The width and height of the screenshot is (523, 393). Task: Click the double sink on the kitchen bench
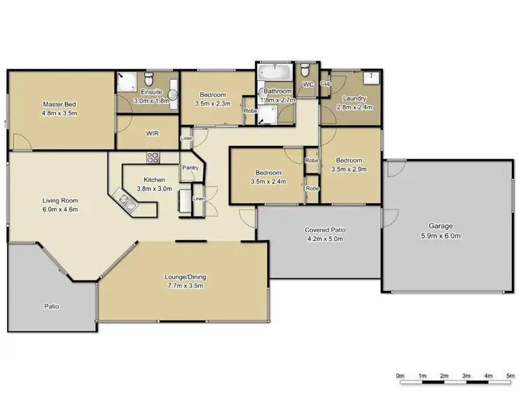128,202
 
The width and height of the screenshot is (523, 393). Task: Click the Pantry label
190,168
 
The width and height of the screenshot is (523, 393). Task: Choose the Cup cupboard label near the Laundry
324,83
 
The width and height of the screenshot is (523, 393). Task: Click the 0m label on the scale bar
400,376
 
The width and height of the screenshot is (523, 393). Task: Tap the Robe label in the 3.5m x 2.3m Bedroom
249,110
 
